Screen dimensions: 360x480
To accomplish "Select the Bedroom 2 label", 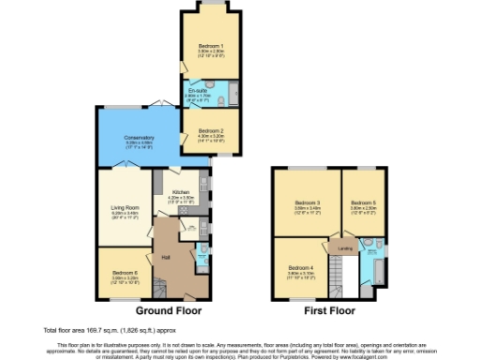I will (211, 130).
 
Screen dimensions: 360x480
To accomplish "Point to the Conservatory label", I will (139, 138).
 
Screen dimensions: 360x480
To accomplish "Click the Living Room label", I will (126, 207).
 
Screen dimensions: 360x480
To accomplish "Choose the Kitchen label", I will (180, 192).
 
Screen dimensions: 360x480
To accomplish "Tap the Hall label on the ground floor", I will (165, 256).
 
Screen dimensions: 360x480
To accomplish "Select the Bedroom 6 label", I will (125, 273).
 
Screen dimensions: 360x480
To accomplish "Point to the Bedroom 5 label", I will (363, 202).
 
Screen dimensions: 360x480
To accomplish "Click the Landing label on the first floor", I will (345, 248).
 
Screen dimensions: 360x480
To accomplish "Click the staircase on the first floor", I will (349, 276).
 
